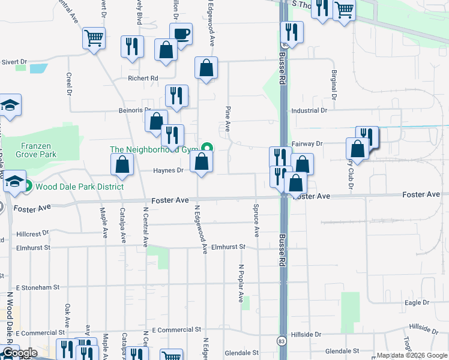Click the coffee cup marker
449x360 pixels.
181,34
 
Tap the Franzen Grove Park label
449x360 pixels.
30,150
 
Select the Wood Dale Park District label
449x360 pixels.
79,187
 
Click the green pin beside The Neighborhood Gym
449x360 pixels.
208,148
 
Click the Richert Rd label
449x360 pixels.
142,78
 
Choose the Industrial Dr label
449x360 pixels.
309,111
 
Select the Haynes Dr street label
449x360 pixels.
168,170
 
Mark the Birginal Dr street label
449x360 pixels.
333,85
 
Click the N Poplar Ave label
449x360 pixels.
241,283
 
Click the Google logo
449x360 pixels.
20,353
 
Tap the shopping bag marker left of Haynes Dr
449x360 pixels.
122,165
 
